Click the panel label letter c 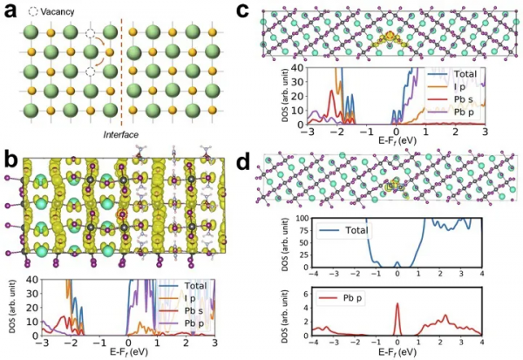click(x=270, y=10)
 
